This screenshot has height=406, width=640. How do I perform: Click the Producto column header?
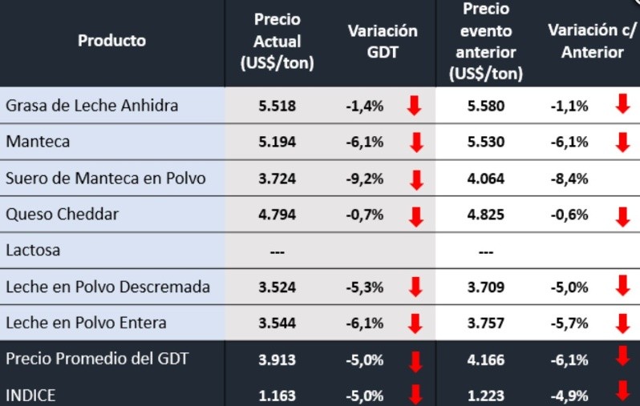(x=111, y=40)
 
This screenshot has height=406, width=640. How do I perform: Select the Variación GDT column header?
(x=383, y=41)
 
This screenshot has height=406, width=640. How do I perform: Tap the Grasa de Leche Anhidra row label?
(x=91, y=105)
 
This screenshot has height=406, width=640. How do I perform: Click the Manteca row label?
(x=38, y=141)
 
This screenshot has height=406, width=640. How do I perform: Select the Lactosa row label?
(x=33, y=251)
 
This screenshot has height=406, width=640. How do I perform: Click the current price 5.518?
(x=277, y=106)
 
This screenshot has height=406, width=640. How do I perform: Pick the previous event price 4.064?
(x=485, y=179)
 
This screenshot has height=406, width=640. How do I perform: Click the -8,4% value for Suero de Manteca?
(x=570, y=179)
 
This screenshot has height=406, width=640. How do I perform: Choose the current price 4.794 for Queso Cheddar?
(x=277, y=215)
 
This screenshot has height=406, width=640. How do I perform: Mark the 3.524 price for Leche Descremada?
(x=277, y=287)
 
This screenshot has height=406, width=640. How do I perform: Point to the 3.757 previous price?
(x=485, y=323)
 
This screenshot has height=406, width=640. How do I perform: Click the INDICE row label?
(x=30, y=395)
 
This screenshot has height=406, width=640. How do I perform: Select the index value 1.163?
(x=277, y=396)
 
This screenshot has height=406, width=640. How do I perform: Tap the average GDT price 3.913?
(x=277, y=360)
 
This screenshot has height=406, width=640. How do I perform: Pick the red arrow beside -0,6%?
(x=622, y=215)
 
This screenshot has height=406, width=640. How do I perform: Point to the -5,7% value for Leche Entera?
(x=570, y=323)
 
